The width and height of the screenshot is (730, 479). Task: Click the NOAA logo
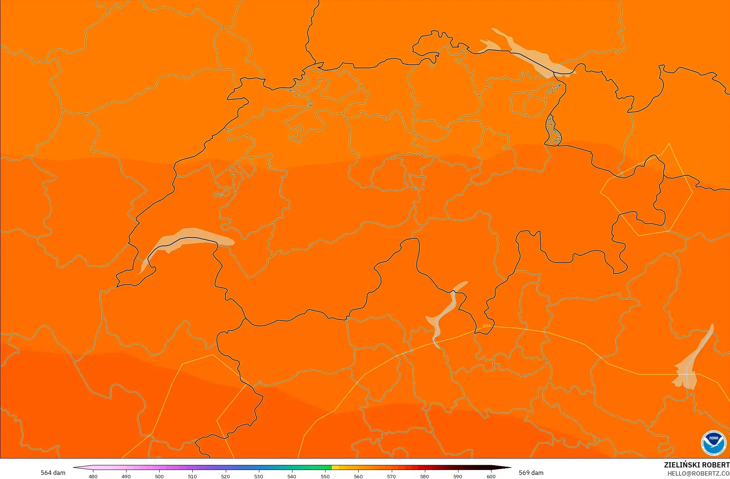(713, 443)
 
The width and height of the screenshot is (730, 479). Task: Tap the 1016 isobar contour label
(486, 326)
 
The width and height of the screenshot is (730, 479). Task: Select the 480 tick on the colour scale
(93, 476)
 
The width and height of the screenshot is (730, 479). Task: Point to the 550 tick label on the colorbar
(325, 476)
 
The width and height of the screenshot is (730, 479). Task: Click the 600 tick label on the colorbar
(491, 476)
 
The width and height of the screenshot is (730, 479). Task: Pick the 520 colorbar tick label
(225, 476)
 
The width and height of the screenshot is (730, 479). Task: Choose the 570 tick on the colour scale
(391, 476)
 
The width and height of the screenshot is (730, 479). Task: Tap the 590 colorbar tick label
(458, 476)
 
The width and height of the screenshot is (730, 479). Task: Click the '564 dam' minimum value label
(53, 473)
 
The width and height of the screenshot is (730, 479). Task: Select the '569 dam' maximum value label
(531, 473)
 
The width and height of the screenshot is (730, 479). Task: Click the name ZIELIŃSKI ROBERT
(697, 465)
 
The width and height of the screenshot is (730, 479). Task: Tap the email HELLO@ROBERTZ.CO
(698, 473)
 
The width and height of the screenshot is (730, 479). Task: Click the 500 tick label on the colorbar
(159, 476)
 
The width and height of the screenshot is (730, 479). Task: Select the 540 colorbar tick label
(292, 476)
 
